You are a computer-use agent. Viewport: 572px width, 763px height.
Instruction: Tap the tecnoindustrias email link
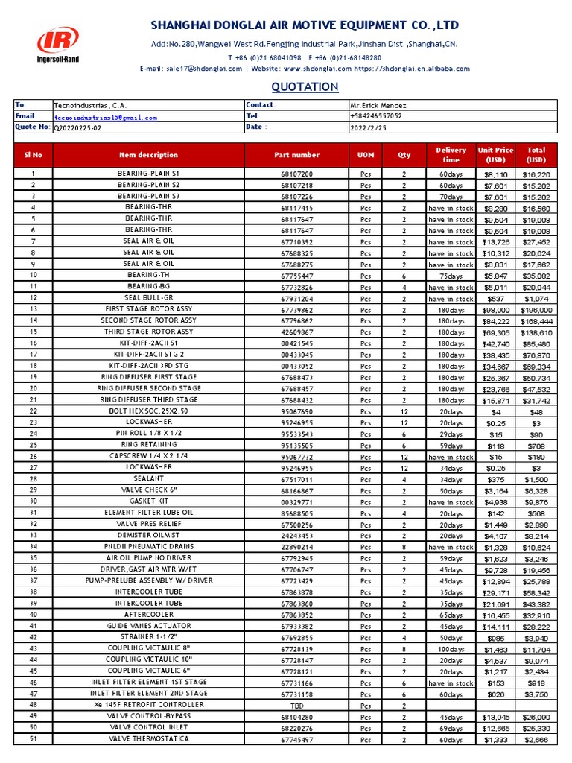coord(105,117)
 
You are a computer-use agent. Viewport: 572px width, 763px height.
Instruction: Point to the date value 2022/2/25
coord(369,127)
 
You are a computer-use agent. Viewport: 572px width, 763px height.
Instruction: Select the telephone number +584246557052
coord(376,117)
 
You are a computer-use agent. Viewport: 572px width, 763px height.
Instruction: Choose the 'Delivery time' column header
coord(451,155)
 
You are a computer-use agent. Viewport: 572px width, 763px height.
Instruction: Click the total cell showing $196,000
coord(536,310)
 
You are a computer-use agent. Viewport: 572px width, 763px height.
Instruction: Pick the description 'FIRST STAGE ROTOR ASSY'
coord(149,309)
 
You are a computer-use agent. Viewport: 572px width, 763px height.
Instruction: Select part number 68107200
coord(296,174)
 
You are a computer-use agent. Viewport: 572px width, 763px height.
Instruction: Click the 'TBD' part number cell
coord(296,706)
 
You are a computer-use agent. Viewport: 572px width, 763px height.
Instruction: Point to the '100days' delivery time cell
coord(451,649)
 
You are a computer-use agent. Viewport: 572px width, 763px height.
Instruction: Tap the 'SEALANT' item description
coord(149,479)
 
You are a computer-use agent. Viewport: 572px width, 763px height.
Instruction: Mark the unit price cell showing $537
coord(495,299)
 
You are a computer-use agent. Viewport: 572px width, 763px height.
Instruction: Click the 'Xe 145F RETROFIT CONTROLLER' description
coord(149,705)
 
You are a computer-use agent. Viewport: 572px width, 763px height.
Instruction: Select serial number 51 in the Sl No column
coord(33,739)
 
